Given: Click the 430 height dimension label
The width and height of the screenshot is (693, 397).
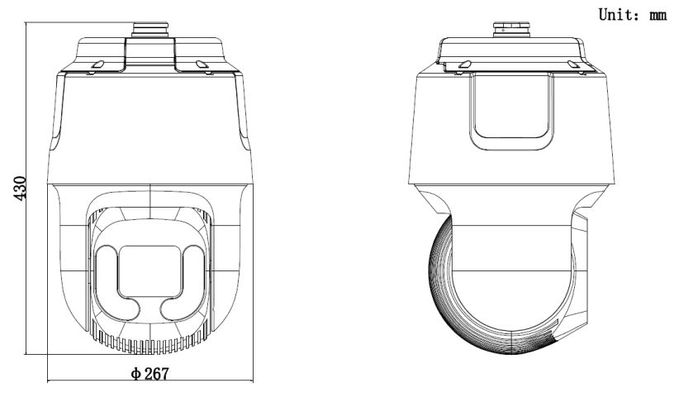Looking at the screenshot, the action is tap(21, 188).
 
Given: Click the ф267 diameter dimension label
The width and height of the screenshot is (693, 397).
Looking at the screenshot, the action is tap(150, 374).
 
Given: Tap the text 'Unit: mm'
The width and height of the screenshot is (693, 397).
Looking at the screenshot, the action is tap(633, 15).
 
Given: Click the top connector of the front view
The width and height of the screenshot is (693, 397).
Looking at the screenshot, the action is tap(150, 30).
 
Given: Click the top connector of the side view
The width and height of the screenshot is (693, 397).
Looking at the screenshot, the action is tap(512, 30).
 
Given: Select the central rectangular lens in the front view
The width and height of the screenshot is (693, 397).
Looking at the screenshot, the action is tap(150, 271).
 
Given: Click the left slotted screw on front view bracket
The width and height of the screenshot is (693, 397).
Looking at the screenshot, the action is tap(98, 65).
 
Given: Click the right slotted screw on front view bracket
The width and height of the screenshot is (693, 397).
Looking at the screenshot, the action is tap(202, 65).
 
